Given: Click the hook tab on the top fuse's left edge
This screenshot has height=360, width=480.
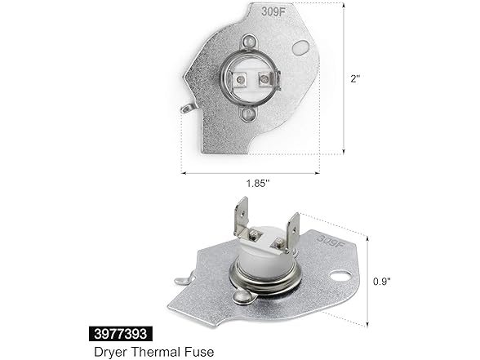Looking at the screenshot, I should click(189, 107).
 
